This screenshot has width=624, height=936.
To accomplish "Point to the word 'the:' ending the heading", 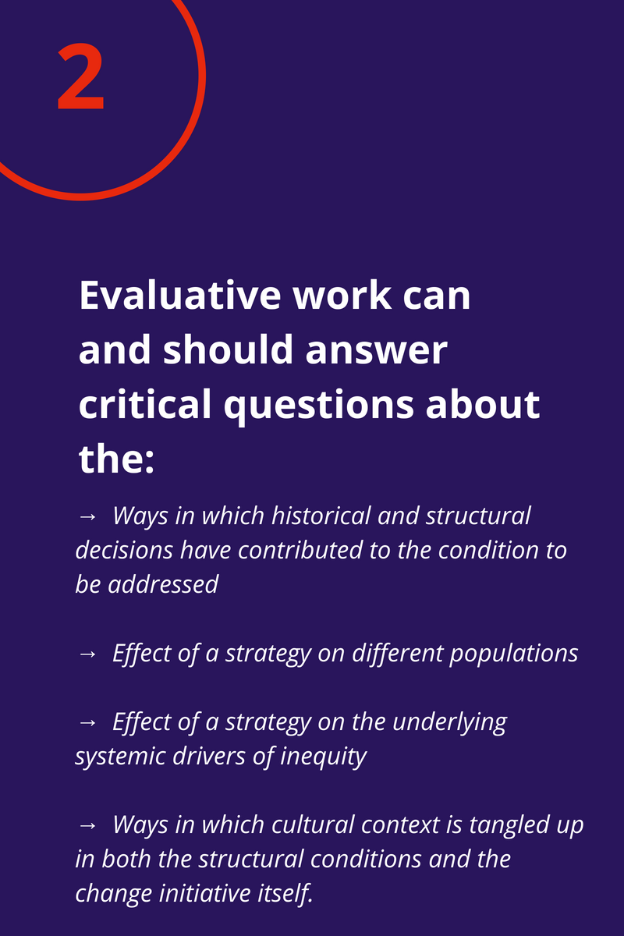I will pos(117,459).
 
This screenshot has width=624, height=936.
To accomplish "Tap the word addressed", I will pos(165,583).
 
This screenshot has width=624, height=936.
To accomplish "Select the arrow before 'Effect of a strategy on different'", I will pos(87,654).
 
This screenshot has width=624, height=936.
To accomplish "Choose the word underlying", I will pos(449,721).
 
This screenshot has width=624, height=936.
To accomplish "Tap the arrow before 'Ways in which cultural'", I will pos(87,825).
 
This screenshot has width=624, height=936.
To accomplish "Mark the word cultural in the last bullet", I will pos(303,824).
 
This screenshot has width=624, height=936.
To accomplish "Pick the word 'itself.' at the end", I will pos(289,892).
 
